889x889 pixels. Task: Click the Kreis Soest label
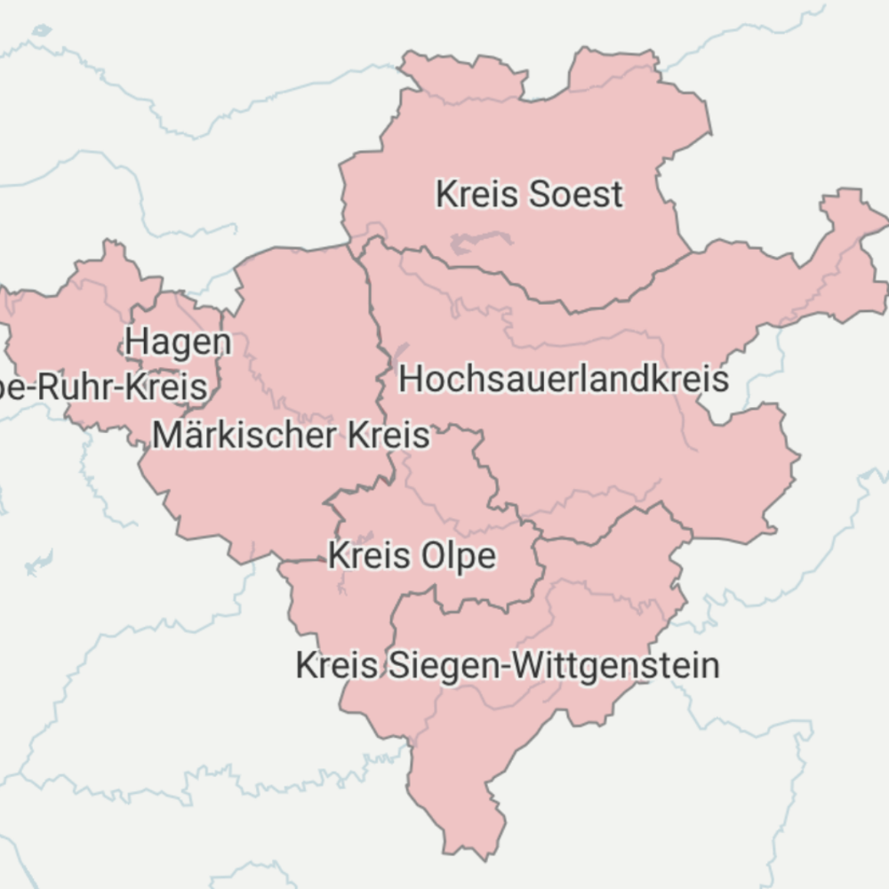point(529,194)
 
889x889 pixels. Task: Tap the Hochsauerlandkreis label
point(563,379)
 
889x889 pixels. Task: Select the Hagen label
point(178,343)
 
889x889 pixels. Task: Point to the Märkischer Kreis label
point(291,435)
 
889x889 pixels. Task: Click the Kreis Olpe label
point(412,556)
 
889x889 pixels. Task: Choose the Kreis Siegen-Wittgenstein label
point(507,665)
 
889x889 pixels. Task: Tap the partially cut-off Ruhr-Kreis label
point(103,387)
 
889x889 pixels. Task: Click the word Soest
point(576,194)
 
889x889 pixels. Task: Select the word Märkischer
point(244,435)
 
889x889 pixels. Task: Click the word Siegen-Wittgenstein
point(553,665)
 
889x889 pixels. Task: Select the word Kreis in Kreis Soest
point(477,194)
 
